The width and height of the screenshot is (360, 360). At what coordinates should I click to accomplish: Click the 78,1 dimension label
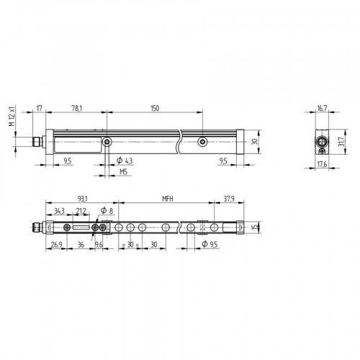(76, 108)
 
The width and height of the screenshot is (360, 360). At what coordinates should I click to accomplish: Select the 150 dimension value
(154, 108)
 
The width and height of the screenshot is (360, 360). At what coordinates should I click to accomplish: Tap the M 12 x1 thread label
(12, 116)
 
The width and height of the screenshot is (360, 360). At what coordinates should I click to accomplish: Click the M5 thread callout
(124, 174)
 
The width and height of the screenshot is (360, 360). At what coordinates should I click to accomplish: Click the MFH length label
(167, 198)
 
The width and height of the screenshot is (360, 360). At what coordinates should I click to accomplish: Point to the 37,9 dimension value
(230, 198)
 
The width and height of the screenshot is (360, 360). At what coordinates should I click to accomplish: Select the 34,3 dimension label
(60, 211)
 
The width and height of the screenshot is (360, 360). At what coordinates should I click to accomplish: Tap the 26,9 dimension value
(55, 244)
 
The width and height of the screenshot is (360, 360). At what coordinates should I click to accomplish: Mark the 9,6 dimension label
(99, 244)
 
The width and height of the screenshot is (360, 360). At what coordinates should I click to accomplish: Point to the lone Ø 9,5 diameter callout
(210, 244)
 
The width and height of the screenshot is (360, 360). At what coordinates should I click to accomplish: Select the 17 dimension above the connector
(40, 108)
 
